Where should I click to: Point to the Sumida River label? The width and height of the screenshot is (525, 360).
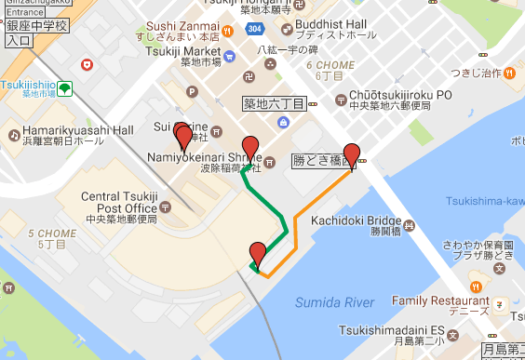[x=333, y=302]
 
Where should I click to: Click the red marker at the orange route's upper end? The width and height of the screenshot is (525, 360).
[x=352, y=154]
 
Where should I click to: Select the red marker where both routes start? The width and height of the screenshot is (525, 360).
[x=258, y=253]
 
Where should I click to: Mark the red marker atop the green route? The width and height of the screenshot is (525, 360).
[x=249, y=147]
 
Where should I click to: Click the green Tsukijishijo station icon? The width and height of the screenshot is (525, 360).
[x=64, y=88]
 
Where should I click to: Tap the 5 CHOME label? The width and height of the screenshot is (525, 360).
[x=44, y=233]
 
